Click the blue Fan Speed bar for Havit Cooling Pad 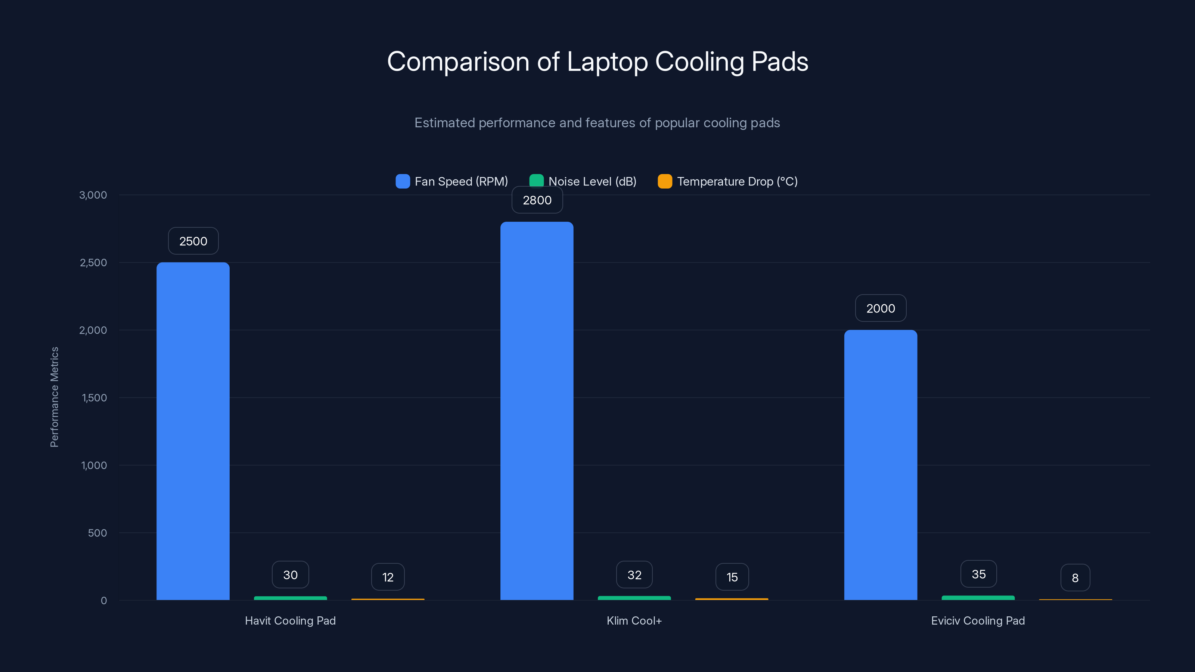tap(193, 431)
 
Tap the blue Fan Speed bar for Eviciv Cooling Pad tap(881, 465)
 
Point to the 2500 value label tap(193, 241)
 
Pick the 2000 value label tap(881, 308)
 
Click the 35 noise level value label tap(978, 574)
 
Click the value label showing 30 tap(291, 575)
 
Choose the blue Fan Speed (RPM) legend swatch tap(403, 181)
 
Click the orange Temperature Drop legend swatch tap(665, 181)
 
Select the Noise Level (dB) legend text tap(592, 181)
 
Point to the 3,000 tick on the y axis tap(93, 195)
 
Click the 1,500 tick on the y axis tap(94, 398)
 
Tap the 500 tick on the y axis tap(97, 533)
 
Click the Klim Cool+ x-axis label tap(634, 620)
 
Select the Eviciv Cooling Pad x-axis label tap(978, 620)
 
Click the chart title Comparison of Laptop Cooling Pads tap(597, 61)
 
